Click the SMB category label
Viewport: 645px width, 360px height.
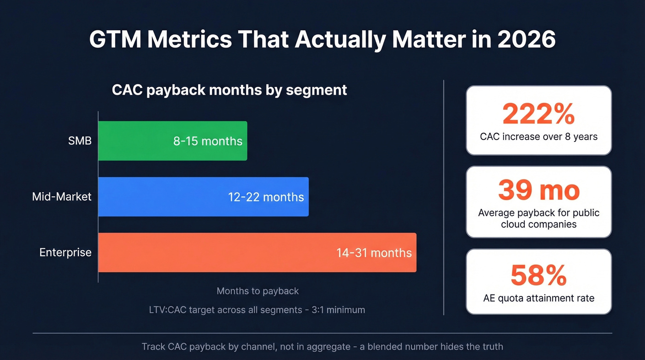point(80,141)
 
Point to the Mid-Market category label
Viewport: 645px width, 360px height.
point(62,197)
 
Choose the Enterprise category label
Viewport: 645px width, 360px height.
point(65,253)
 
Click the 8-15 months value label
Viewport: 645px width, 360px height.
point(208,141)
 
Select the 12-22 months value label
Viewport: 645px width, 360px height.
point(266,197)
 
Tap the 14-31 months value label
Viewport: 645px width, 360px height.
point(374,253)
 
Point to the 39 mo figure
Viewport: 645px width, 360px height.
point(539,190)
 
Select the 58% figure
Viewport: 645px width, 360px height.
point(539,275)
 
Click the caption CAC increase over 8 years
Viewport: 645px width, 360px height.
point(539,137)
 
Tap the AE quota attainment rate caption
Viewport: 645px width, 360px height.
point(539,298)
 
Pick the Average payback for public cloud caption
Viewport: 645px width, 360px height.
point(539,218)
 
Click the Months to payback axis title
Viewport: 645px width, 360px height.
point(258,291)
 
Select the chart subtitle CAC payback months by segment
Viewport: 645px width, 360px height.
point(229,89)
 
